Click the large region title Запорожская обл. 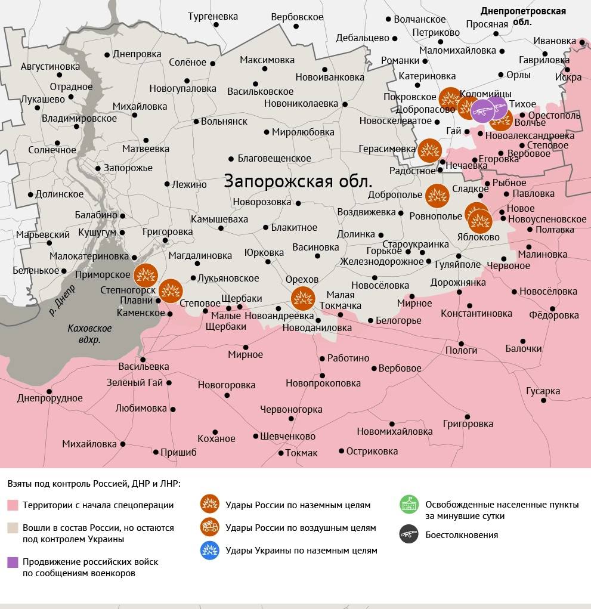tap(298, 181)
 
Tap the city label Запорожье tap(128, 168)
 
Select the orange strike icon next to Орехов tap(302, 298)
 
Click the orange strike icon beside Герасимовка tap(429, 150)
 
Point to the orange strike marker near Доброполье tap(437, 195)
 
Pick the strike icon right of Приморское tap(145, 275)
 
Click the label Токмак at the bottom tap(301, 453)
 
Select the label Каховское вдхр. tap(89, 334)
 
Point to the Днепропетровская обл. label tap(523, 16)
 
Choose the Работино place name tap(348, 358)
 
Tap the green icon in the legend tap(409, 505)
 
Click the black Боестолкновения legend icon tap(409, 534)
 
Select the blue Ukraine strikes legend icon tap(209, 550)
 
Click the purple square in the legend tap(13, 562)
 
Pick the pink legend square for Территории tap(13, 505)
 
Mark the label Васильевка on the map tap(143, 366)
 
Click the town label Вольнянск tap(224, 121)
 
